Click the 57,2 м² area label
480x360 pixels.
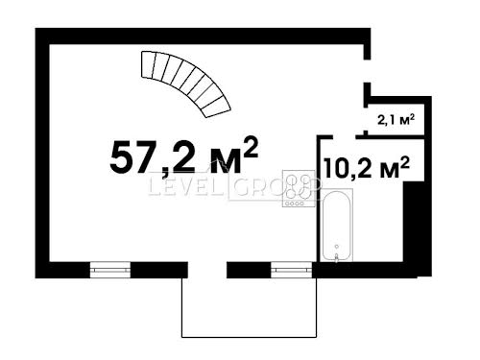click(183, 156)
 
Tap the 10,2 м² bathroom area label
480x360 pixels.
click(367, 167)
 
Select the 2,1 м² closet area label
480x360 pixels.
click(396, 120)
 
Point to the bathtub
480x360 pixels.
click(337, 226)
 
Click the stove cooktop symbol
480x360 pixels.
click(299, 189)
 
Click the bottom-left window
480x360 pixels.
click(110, 270)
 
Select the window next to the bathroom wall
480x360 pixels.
click(292, 270)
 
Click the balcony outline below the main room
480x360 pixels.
click(250, 337)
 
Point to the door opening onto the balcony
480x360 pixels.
click(207, 270)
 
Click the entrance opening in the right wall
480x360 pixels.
click(368, 71)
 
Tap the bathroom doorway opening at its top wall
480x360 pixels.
click(345, 137)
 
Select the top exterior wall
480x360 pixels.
click(203, 36)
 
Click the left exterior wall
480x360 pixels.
click(42, 153)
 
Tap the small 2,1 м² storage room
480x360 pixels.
click(396, 119)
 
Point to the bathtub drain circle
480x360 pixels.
click(337, 246)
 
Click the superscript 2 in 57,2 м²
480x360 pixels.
click(251, 147)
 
